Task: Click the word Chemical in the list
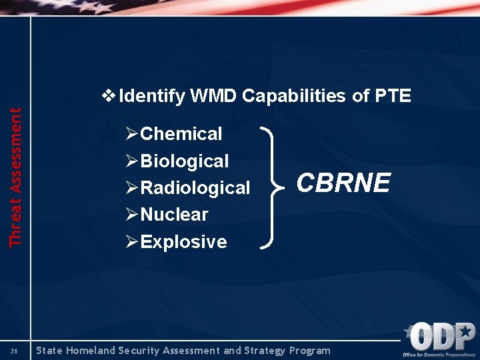click(181, 134)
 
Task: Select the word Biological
click(185, 161)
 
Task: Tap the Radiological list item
click(195, 188)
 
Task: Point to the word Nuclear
click(174, 215)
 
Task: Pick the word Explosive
click(183, 241)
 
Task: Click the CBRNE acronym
click(343, 183)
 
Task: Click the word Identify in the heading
click(151, 96)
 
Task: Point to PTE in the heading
click(393, 96)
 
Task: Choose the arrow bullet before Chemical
click(131, 134)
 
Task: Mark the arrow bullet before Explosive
click(131, 241)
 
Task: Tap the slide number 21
click(14, 351)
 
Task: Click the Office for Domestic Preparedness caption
click(440, 354)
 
